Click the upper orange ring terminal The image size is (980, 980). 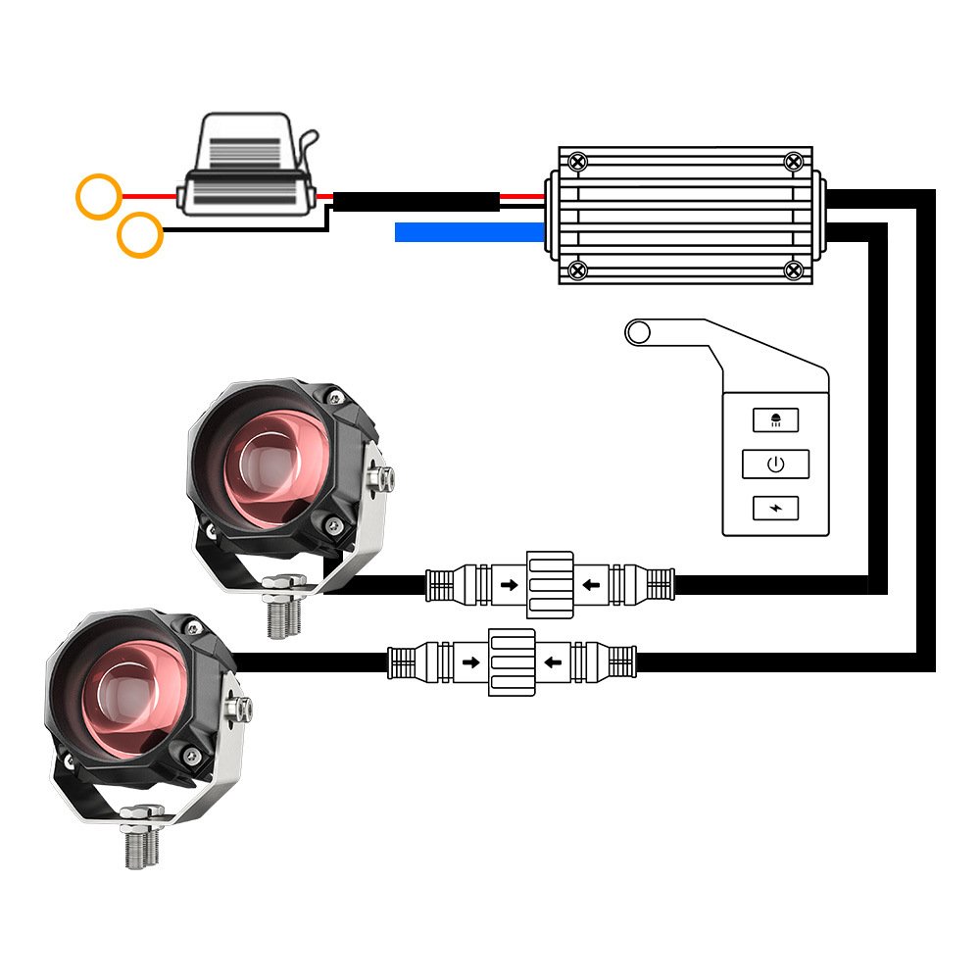[99, 196]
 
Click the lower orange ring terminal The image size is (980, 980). [139, 235]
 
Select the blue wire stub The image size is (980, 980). [468, 232]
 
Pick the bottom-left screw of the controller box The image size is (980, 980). [578, 269]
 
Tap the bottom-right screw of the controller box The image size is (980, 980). [794, 269]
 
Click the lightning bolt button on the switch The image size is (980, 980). [775, 509]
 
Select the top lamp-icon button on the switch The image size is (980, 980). [775, 419]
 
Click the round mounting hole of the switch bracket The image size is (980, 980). [639, 333]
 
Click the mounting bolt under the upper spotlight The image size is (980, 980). [285, 610]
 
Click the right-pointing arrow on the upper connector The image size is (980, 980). [510, 586]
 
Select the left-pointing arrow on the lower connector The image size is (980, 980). [554, 661]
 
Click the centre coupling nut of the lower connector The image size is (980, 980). [513, 662]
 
